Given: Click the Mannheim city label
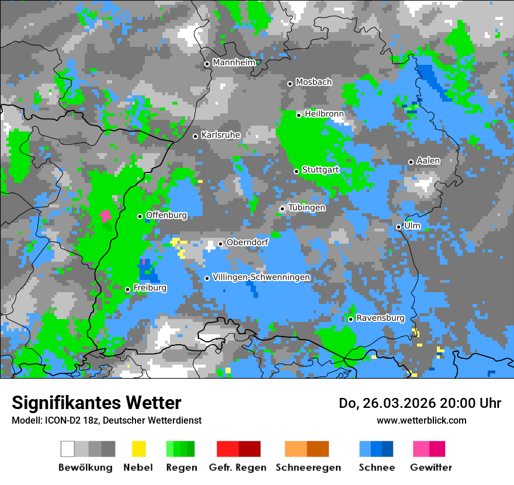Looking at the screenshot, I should (x=234, y=63).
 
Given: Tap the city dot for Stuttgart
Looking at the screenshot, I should (x=296, y=171).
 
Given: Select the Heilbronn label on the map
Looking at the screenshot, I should (x=324, y=114).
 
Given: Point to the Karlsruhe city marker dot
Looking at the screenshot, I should (x=196, y=136).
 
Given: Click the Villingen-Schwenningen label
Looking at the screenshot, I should (x=261, y=277).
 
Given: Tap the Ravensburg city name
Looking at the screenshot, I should (x=380, y=318).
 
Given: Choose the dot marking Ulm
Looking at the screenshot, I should (x=398, y=227).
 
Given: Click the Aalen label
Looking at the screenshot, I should (x=428, y=161).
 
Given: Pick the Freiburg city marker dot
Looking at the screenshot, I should (x=127, y=289).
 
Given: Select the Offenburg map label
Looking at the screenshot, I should (x=166, y=215).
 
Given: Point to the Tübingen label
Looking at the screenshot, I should (x=307, y=207).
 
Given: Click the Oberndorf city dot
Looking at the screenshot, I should (x=220, y=244).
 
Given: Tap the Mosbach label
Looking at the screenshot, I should (x=314, y=82).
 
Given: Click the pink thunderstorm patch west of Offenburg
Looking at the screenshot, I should (x=106, y=216).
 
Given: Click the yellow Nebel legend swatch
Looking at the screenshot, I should (x=138, y=449).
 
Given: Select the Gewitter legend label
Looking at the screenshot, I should (x=430, y=467).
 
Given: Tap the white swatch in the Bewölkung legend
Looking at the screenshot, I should (x=68, y=449).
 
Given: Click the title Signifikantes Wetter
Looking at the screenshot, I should (x=96, y=403).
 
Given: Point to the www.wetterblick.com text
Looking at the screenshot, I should (x=421, y=420).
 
